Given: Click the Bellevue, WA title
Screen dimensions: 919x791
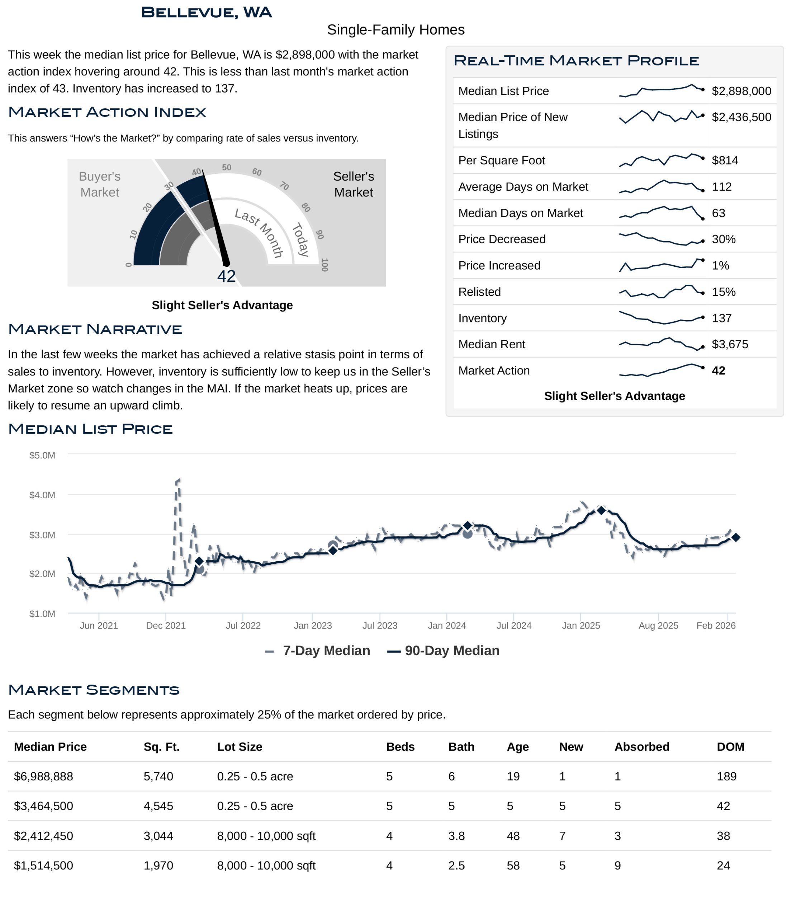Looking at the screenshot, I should (x=206, y=13).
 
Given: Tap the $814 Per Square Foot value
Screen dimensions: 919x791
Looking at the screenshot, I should (x=725, y=160).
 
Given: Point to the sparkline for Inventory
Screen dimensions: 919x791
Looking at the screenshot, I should (x=661, y=318).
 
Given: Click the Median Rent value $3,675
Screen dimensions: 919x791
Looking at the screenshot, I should (x=729, y=344).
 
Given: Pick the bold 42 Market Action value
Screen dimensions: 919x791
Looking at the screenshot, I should (x=718, y=370).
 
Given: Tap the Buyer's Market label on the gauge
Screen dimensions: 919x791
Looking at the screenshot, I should (x=100, y=184).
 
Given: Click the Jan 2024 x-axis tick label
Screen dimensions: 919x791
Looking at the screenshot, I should (x=447, y=625).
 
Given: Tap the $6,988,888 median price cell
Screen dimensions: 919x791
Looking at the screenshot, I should (x=43, y=776).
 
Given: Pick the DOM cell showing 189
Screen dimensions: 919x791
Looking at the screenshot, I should (x=726, y=776).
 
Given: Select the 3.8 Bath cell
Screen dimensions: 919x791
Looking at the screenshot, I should (x=456, y=836).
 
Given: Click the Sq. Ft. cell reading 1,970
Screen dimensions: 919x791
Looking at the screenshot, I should (x=158, y=866).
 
